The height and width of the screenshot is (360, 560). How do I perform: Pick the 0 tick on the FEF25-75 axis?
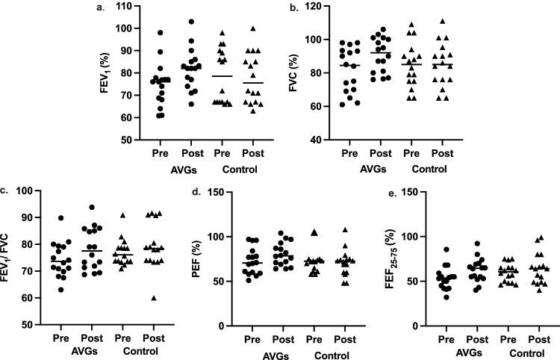412,326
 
